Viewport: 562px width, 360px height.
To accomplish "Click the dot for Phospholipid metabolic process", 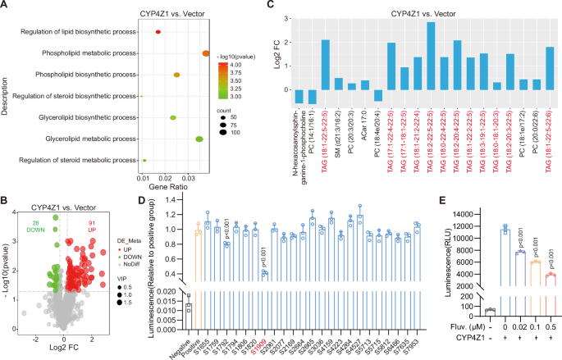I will pos(206,53).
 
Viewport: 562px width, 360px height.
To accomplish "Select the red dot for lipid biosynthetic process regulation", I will pos(158,31).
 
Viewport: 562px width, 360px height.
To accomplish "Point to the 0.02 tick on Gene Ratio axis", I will pos(170,176).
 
